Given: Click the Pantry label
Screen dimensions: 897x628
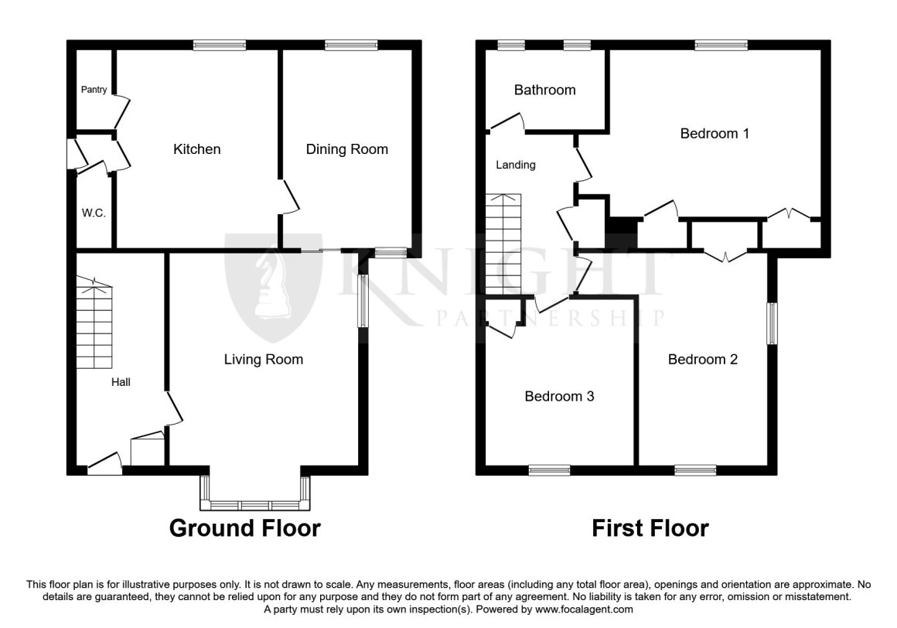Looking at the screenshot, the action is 94,90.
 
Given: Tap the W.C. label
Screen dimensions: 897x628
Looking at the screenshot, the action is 94,213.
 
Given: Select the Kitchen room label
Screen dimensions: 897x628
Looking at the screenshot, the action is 196,149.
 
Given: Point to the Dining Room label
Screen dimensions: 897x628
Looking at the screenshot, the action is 346,149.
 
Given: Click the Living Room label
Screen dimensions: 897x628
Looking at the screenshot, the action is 263,359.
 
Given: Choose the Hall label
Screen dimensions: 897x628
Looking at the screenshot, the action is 121,382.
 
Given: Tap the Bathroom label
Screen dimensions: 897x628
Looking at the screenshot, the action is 544,90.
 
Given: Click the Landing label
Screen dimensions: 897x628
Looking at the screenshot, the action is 516,166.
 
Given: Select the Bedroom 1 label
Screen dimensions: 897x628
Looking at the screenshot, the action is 715,134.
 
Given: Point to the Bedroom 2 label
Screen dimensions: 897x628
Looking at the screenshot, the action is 702,359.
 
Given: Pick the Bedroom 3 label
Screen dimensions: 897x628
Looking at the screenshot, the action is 559,396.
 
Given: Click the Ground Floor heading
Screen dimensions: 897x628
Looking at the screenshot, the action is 245,528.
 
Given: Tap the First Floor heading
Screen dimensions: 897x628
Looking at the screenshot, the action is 650,528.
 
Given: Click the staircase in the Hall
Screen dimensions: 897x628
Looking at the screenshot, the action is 94,323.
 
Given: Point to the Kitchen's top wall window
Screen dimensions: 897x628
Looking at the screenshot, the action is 220,45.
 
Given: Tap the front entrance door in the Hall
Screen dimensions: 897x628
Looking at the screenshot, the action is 104,464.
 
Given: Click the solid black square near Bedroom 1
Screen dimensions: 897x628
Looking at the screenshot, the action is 622,225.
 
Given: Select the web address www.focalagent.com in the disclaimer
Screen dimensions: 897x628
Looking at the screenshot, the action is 584,609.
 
